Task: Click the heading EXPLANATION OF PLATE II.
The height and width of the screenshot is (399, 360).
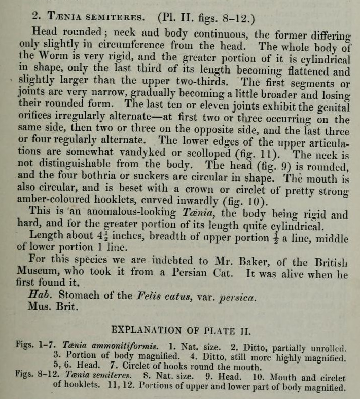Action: [x=181, y=331]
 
